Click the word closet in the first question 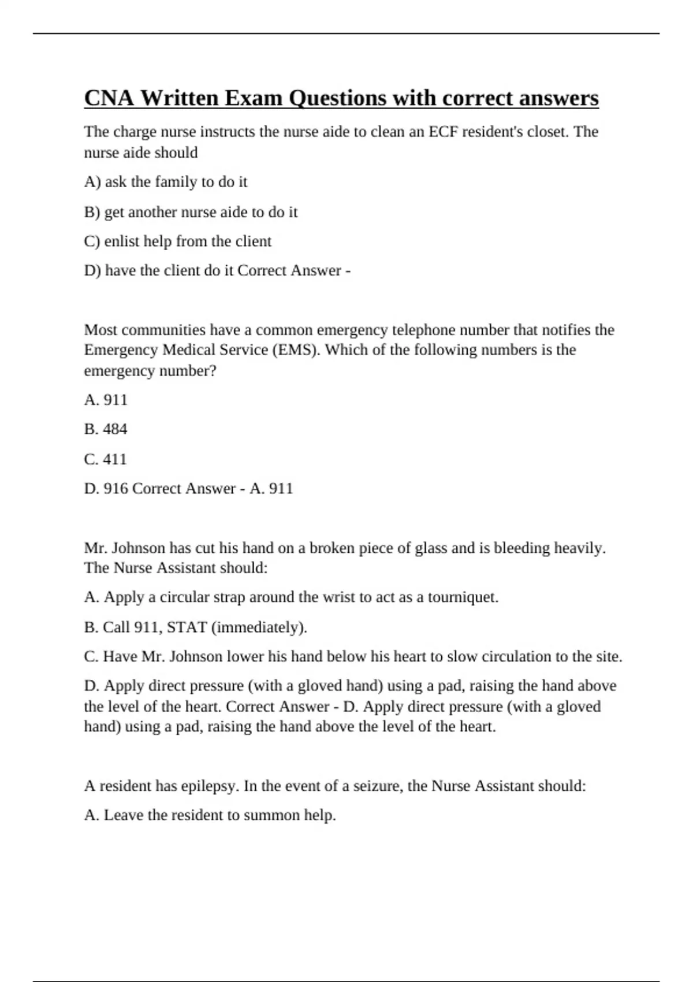[547, 132]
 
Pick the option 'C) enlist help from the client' [177, 241]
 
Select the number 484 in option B [114, 429]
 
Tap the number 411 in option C [114, 459]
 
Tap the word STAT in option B [187, 627]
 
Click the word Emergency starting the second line [121, 350]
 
